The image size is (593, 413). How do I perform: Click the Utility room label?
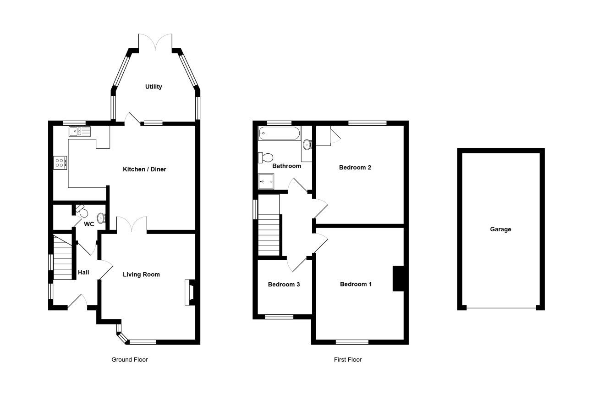(154, 87)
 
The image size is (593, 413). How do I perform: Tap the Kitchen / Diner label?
(144, 169)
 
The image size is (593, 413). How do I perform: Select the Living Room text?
(141, 274)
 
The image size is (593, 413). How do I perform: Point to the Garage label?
(500, 229)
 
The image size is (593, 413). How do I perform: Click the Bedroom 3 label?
(284, 285)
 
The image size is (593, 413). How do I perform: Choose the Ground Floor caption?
(129, 359)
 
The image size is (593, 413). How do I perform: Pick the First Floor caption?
(347, 359)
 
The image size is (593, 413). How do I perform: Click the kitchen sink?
(80, 132)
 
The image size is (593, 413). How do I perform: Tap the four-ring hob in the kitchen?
(60, 163)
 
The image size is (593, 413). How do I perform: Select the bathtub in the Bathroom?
(280, 133)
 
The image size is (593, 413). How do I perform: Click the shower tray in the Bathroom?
(266, 182)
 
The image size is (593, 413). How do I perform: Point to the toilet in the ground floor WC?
(82, 211)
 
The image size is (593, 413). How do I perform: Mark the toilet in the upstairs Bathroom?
(265, 158)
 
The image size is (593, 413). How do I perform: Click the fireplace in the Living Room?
(190, 292)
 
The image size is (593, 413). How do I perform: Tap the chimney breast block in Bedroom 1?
(398, 279)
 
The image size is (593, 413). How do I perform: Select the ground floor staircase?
(63, 257)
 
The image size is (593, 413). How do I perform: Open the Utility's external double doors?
(155, 42)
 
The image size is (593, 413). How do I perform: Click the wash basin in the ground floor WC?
(101, 218)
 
